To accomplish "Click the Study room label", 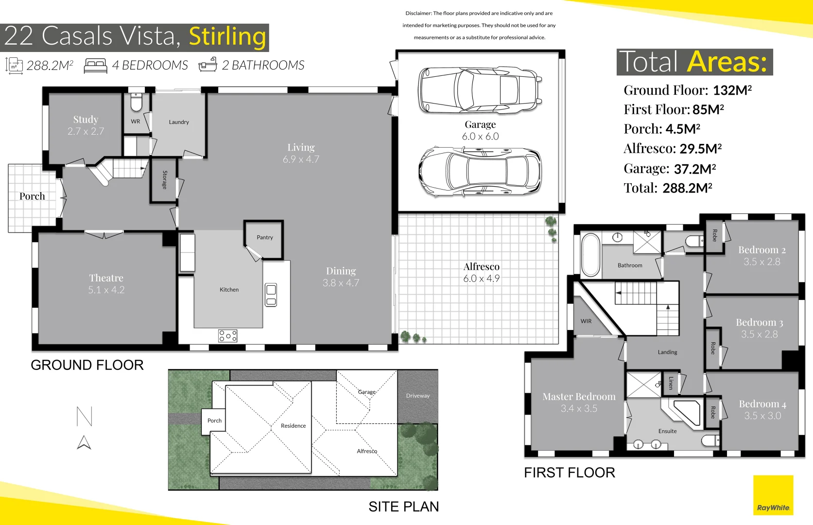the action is click(x=86, y=120).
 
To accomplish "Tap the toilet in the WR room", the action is click(x=136, y=101).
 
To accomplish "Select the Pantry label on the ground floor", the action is click(x=264, y=237).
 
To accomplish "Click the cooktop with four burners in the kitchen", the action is click(x=227, y=336).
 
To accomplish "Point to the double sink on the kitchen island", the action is click(x=271, y=295).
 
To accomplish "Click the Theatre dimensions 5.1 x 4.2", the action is click(x=106, y=290).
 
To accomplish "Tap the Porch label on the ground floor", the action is click(x=32, y=196).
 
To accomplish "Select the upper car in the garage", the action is click(x=480, y=90).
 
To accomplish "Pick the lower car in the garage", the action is click(x=480, y=172).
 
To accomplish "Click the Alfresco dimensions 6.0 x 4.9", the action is click(x=481, y=279).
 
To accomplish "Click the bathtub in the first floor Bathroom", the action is click(x=590, y=255).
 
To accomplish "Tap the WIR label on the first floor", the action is click(x=586, y=321).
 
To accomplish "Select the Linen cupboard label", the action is click(x=671, y=383).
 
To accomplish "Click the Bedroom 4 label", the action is click(x=762, y=404).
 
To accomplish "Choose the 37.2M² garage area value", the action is click(x=695, y=169).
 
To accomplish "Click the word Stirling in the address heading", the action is click(x=227, y=36).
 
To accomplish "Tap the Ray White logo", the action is click(x=773, y=495).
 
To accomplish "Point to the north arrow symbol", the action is click(x=84, y=442).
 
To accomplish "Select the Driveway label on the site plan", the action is click(x=418, y=396).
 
